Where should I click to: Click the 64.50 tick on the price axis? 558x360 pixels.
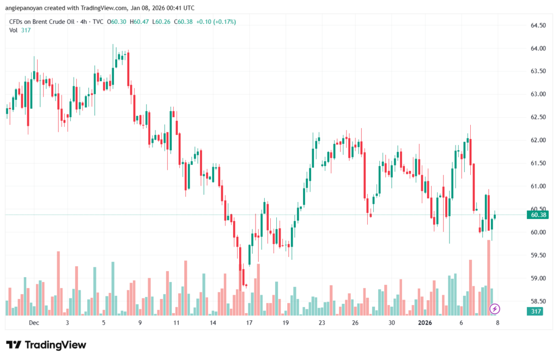[x=538, y=25]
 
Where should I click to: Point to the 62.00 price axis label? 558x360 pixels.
[x=538, y=140]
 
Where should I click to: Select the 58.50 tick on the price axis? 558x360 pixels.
[x=538, y=301]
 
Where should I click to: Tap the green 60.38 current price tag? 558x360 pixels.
[x=538, y=215]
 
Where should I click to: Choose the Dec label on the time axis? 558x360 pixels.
[x=34, y=322]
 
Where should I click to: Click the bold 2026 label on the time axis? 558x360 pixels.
[x=424, y=322]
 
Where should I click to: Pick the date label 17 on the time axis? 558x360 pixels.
[x=249, y=322]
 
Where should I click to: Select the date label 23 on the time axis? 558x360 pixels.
[x=322, y=322]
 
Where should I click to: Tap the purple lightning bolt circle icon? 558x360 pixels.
[x=495, y=309]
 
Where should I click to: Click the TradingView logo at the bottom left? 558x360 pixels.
[x=46, y=345]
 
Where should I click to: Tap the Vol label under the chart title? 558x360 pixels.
[x=14, y=30]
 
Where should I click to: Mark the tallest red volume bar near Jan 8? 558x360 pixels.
[x=489, y=278]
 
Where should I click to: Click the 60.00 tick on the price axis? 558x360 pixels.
[x=538, y=232]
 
